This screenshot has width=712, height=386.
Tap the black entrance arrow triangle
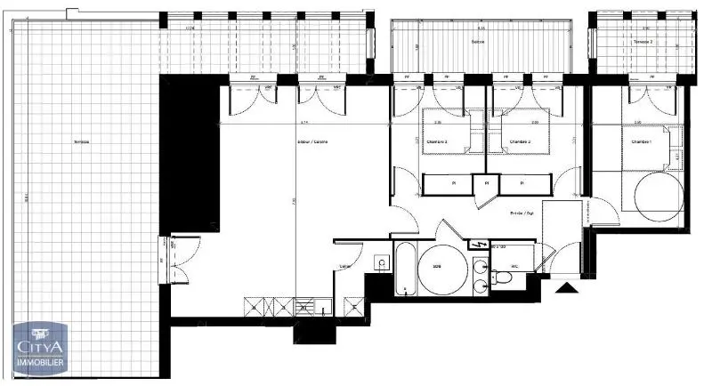564,288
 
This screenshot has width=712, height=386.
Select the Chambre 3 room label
435,142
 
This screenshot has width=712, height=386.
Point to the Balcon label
478,42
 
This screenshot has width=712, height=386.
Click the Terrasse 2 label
643,42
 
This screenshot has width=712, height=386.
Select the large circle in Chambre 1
658,193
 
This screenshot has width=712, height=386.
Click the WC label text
514,266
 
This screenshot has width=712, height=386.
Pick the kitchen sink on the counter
306,307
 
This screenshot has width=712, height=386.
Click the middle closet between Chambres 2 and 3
485,184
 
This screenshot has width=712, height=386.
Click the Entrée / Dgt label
521,213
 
